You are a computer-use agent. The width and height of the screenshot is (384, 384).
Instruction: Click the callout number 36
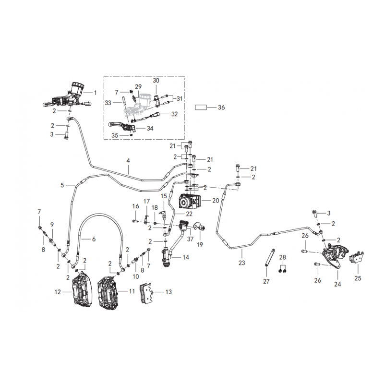click(221, 108)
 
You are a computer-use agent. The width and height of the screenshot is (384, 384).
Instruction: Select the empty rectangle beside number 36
click(201, 108)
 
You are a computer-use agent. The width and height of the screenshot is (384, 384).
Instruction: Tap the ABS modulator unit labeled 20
click(190, 201)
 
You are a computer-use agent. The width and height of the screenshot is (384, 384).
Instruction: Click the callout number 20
click(216, 201)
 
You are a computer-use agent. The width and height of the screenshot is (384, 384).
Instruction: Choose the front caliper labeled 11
click(108, 291)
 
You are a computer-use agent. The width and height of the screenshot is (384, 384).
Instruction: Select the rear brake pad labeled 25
click(357, 258)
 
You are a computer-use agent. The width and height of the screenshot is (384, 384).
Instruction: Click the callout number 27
click(266, 281)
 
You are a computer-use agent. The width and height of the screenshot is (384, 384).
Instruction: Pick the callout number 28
click(282, 257)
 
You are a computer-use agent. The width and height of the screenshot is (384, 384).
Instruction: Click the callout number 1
click(95, 93)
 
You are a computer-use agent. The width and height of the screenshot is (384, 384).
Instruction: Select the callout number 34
click(150, 128)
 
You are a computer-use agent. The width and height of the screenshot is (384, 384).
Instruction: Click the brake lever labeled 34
click(121, 126)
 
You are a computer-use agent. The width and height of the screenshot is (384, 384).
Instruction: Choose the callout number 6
click(94, 239)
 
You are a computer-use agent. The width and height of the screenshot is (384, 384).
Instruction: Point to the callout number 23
click(242, 263)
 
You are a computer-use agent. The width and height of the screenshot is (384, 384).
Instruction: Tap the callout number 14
click(186, 257)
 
